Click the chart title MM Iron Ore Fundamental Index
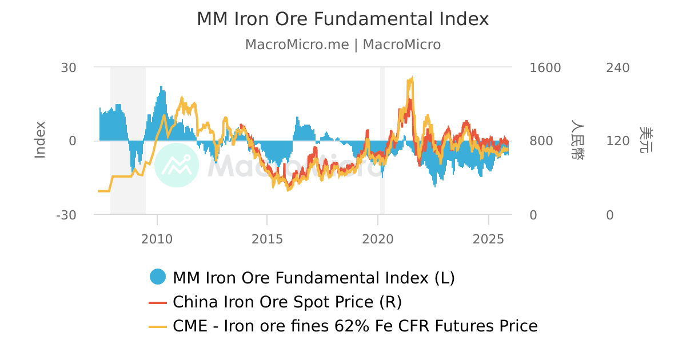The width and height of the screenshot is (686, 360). (x=342, y=19)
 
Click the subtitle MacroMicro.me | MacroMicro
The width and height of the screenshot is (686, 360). (x=342, y=45)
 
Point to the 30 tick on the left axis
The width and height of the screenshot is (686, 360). (x=69, y=67)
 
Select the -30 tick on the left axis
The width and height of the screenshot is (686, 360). (x=66, y=215)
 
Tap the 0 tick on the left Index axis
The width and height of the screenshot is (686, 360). (x=72, y=141)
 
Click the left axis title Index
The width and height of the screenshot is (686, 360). (x=39, y=140)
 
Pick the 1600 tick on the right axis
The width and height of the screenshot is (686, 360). (x=545, y=67)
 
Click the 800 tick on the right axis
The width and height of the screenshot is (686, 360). (x=542, y=141)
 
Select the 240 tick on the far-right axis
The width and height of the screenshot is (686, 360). (x=617, y=67)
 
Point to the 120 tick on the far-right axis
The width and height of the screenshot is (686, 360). (x=617, y=141)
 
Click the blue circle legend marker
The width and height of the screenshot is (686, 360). (x=158, y=277)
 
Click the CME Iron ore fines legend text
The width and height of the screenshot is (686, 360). (x=355, y=326)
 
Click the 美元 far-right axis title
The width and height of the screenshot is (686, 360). (x=646, y=140)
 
